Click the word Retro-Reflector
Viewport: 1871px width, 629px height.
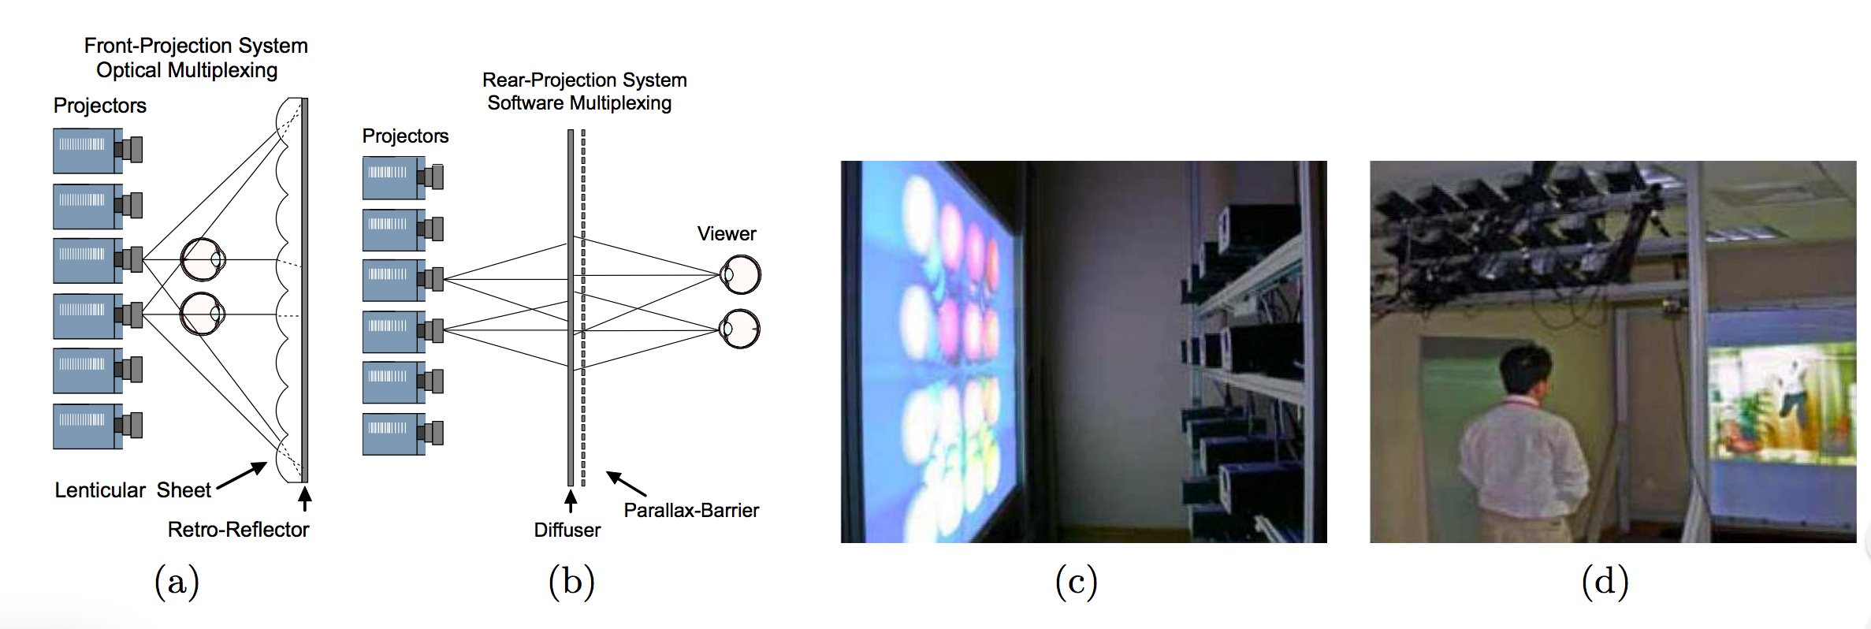coord(238,529)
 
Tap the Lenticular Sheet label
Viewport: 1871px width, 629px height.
coord(132,490)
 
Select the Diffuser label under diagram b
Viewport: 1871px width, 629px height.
coord(567,530)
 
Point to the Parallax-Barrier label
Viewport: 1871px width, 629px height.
coord(691,510)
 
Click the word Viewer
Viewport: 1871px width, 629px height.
coord(726,233)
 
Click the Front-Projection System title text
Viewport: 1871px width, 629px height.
coord(195,46)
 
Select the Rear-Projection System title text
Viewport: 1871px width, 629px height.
coord(584,80)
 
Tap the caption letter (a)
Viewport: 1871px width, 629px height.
coord(177,582)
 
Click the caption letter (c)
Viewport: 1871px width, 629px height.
coord(1076,582)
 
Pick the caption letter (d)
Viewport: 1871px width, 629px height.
coord(1605,582)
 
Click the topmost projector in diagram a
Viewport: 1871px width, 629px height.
coord(96,151)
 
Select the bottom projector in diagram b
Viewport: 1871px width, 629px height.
coord(402,434)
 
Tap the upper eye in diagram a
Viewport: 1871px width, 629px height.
coord(203,259)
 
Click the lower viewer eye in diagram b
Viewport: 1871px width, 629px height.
coord(740,329)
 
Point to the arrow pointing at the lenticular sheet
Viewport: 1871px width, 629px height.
coord(242,475)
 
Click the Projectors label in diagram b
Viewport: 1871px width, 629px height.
coord(405,136)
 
